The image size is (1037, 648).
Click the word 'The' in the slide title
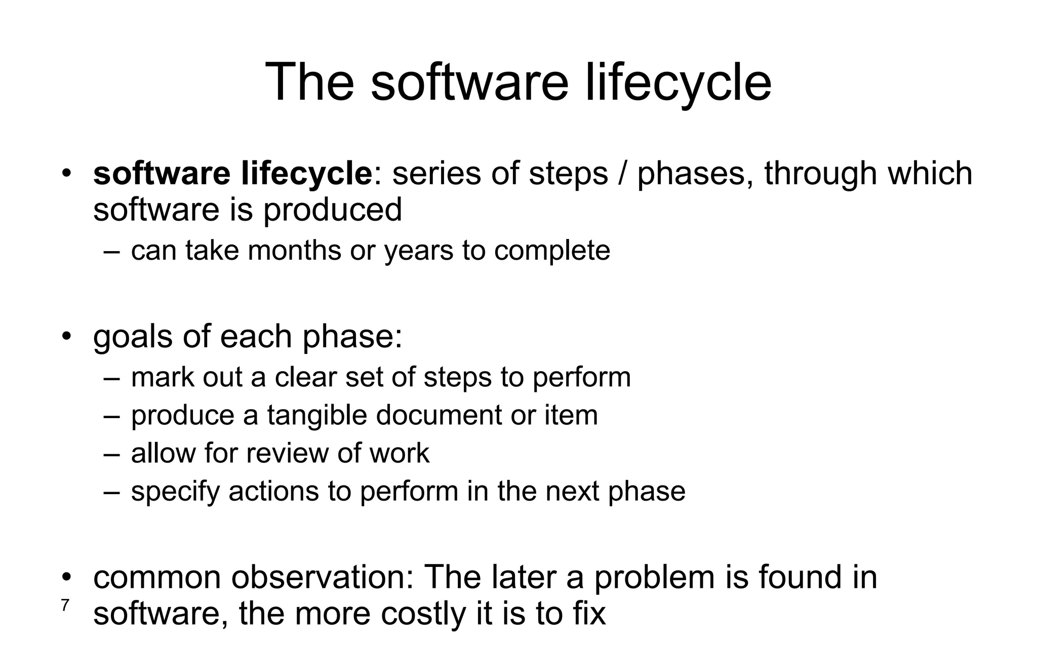tap(309, 82)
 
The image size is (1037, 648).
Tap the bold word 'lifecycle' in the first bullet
tap(307, 173)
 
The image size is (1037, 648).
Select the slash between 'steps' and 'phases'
tap(622, 173)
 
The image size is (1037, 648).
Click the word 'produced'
tap(333, 210)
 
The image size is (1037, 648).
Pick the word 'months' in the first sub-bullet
tap(294, 250)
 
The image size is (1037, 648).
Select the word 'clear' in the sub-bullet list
tap(305, 377)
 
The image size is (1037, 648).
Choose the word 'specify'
tap(175, 492)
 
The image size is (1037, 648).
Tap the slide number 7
tap(65, 605)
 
